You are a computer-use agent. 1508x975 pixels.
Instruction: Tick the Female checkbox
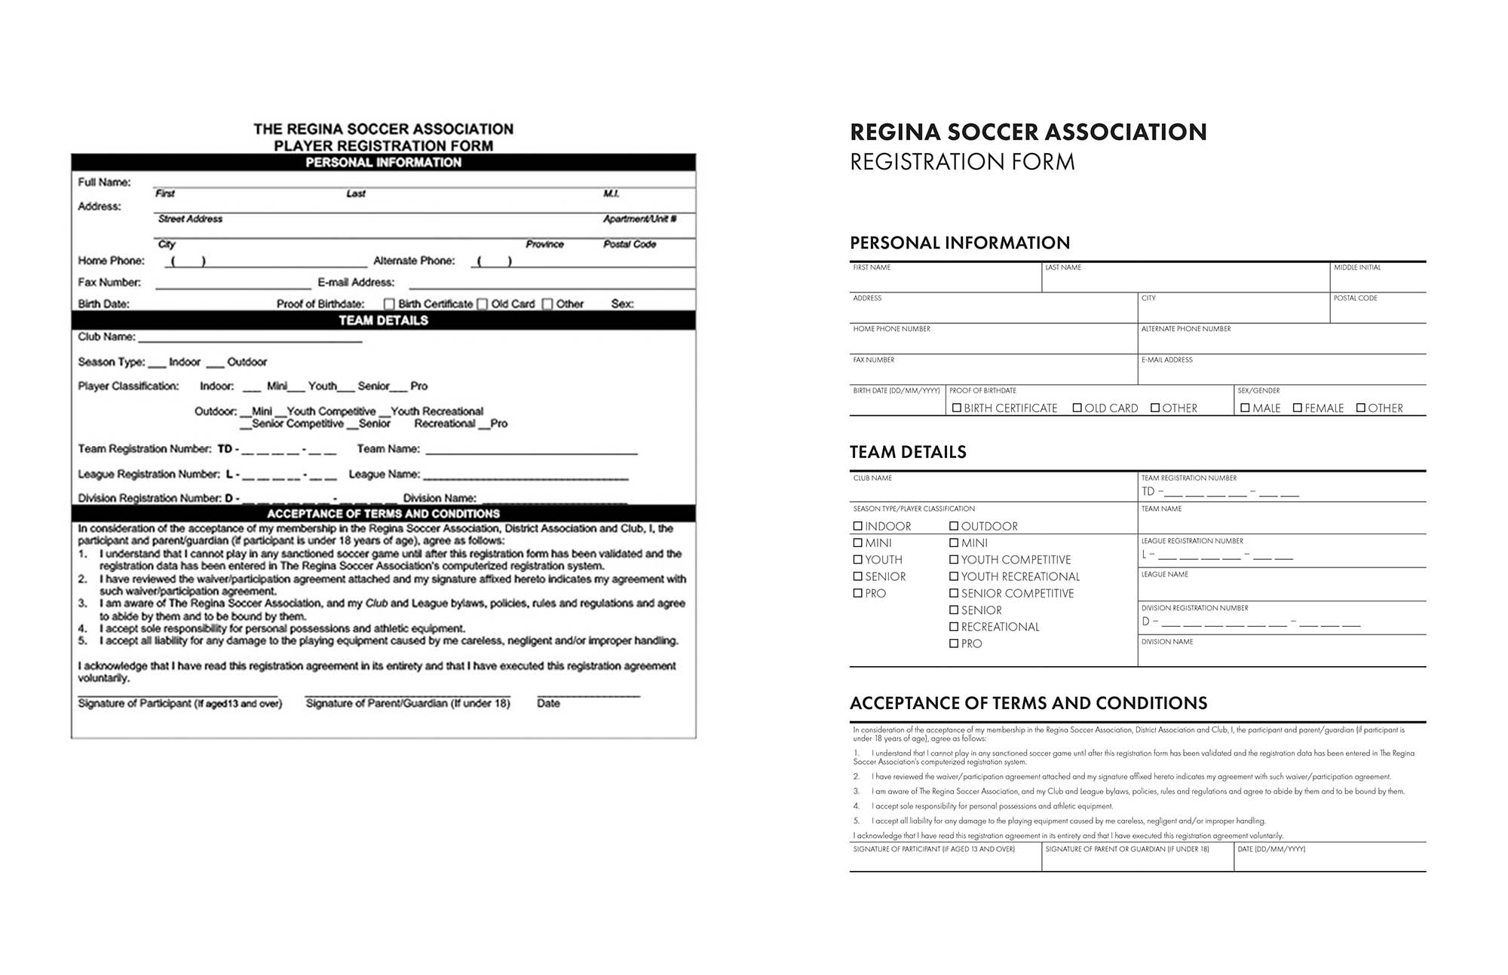point(1298,408)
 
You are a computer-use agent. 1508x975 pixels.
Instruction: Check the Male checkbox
point(1246,408)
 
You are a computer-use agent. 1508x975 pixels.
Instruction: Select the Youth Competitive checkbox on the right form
point(954,559)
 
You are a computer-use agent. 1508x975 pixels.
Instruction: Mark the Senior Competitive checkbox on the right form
point(954,593)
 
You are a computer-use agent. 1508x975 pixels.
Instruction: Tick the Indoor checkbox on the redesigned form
point(858,526)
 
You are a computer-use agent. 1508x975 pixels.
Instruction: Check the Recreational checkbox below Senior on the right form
point(954,626)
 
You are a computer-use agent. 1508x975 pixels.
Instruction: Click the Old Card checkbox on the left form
point(483,304)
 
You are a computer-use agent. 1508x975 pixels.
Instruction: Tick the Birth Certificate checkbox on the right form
point(957,408)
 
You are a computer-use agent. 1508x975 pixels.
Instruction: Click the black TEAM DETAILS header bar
point(383,320)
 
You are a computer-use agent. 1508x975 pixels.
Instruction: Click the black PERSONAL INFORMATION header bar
point(383,162)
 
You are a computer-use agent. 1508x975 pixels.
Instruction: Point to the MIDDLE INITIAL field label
point(1357,267)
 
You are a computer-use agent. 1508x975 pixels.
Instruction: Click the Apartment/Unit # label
point(639,219)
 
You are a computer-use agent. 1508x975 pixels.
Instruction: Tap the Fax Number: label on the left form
point(109,283)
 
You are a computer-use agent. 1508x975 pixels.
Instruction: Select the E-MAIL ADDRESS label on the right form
point(1166,360)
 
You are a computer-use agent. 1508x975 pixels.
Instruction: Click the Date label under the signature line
point(548,703)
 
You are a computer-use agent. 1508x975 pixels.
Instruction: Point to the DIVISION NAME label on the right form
point(1167,642)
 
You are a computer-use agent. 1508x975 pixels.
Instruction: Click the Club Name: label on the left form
point(106,337)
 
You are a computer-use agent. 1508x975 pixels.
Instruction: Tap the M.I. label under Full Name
point(611,194)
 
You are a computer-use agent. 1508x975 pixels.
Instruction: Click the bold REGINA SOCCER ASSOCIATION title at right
point(1028,132)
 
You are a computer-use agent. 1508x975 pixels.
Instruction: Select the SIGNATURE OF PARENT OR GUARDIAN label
point(1126,849)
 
